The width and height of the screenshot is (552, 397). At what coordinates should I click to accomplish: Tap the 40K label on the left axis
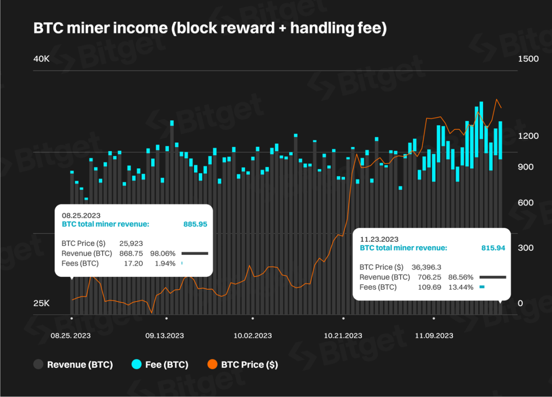pos(41,59)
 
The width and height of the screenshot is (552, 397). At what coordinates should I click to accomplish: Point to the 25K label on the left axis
pos(41,303)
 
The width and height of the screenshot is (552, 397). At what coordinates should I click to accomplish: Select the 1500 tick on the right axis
pos(529,59)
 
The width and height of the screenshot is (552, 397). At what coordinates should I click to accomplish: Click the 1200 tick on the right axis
pos(529,136)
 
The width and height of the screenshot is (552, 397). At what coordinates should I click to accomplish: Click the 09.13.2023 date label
pos(164,336)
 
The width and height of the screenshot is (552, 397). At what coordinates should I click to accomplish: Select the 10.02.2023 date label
pos(253,336)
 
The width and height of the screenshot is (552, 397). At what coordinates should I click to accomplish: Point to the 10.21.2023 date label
pos(343,336)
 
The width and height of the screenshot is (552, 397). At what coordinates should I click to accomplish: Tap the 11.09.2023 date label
pos(434,336)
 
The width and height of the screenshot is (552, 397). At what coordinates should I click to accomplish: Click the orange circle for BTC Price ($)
pos(212,364)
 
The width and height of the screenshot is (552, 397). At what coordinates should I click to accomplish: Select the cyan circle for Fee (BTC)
pos(137,364)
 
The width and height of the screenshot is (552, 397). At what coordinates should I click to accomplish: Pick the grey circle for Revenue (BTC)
pos(38,364)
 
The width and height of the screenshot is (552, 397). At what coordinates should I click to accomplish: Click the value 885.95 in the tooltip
pos(195,224)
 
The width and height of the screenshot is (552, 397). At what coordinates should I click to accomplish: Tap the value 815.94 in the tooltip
pos(493,248)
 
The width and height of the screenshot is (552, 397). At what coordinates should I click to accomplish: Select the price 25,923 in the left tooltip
pos(131,244)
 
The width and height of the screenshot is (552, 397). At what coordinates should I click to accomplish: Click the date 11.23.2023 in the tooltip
pos(379,239)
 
